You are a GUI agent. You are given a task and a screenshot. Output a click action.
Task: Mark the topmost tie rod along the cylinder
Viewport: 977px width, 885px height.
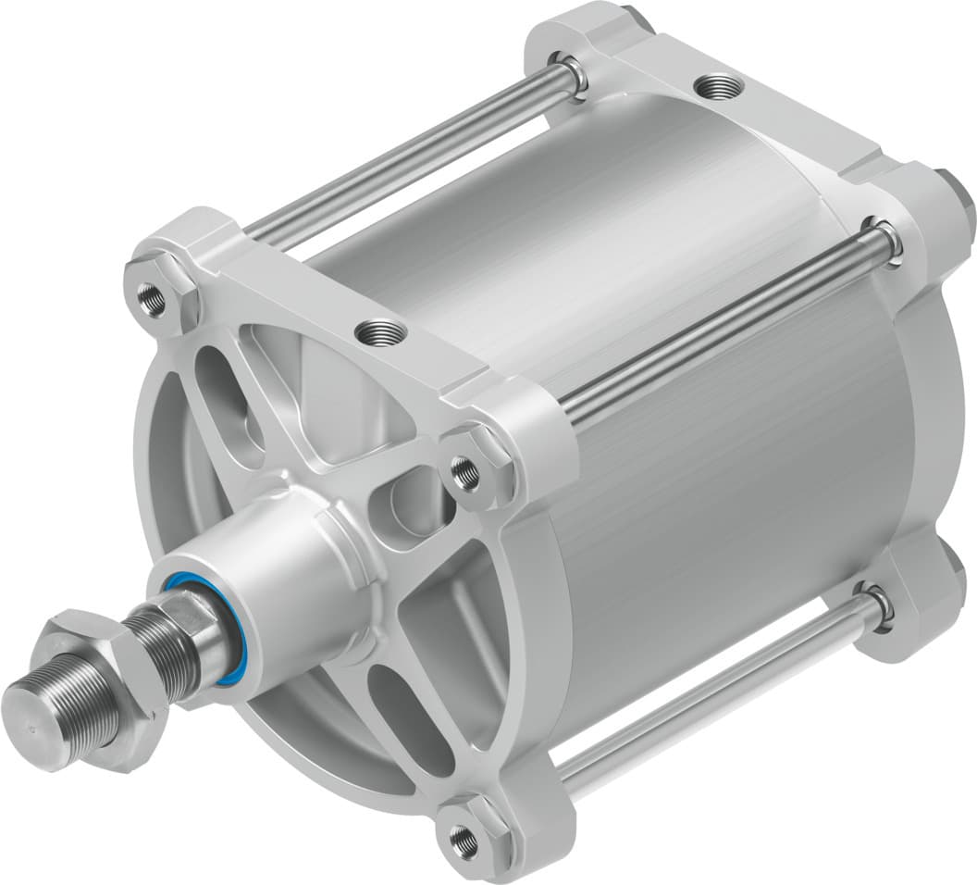(407, 153)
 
